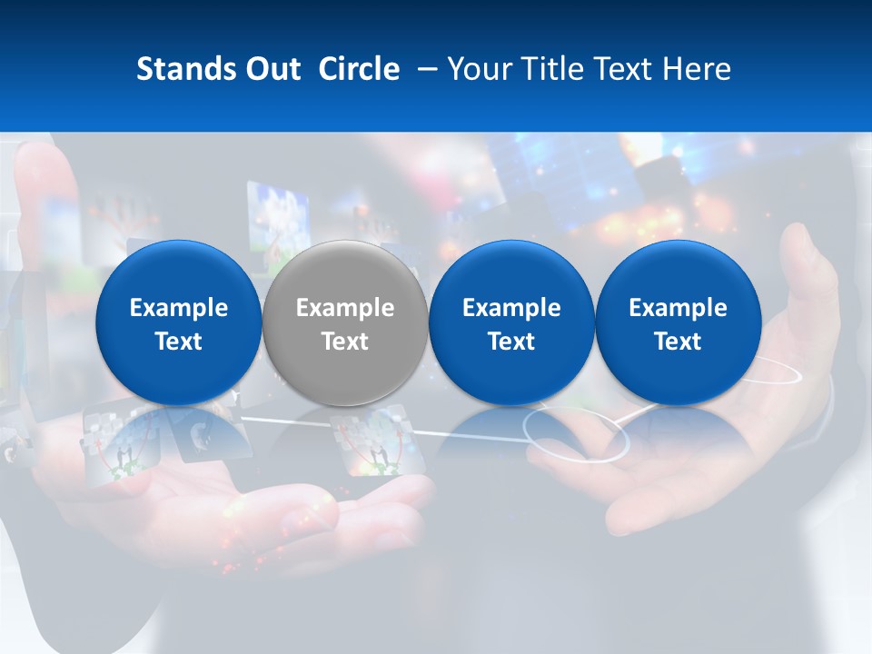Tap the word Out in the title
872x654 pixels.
(x=271, y=69)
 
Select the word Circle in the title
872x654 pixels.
(x=359, y=69)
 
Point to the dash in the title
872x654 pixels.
(x=423, y=69)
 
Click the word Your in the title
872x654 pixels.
(x=480, y=70)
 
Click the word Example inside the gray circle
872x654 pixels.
(x=345, y=308)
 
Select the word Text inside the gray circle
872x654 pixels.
(x=345, y=342)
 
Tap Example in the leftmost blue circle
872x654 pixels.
(x=179, y=308)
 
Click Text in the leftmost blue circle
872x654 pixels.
(x=179, y=342)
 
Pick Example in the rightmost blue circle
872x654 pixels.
(x=678, y=308)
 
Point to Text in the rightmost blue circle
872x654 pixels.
(x=678, y=342)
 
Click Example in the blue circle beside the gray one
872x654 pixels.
(x=511, y=308)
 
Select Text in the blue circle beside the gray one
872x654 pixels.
(x=511, y=342)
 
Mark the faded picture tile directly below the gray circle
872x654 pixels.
(x=377, y=445)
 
